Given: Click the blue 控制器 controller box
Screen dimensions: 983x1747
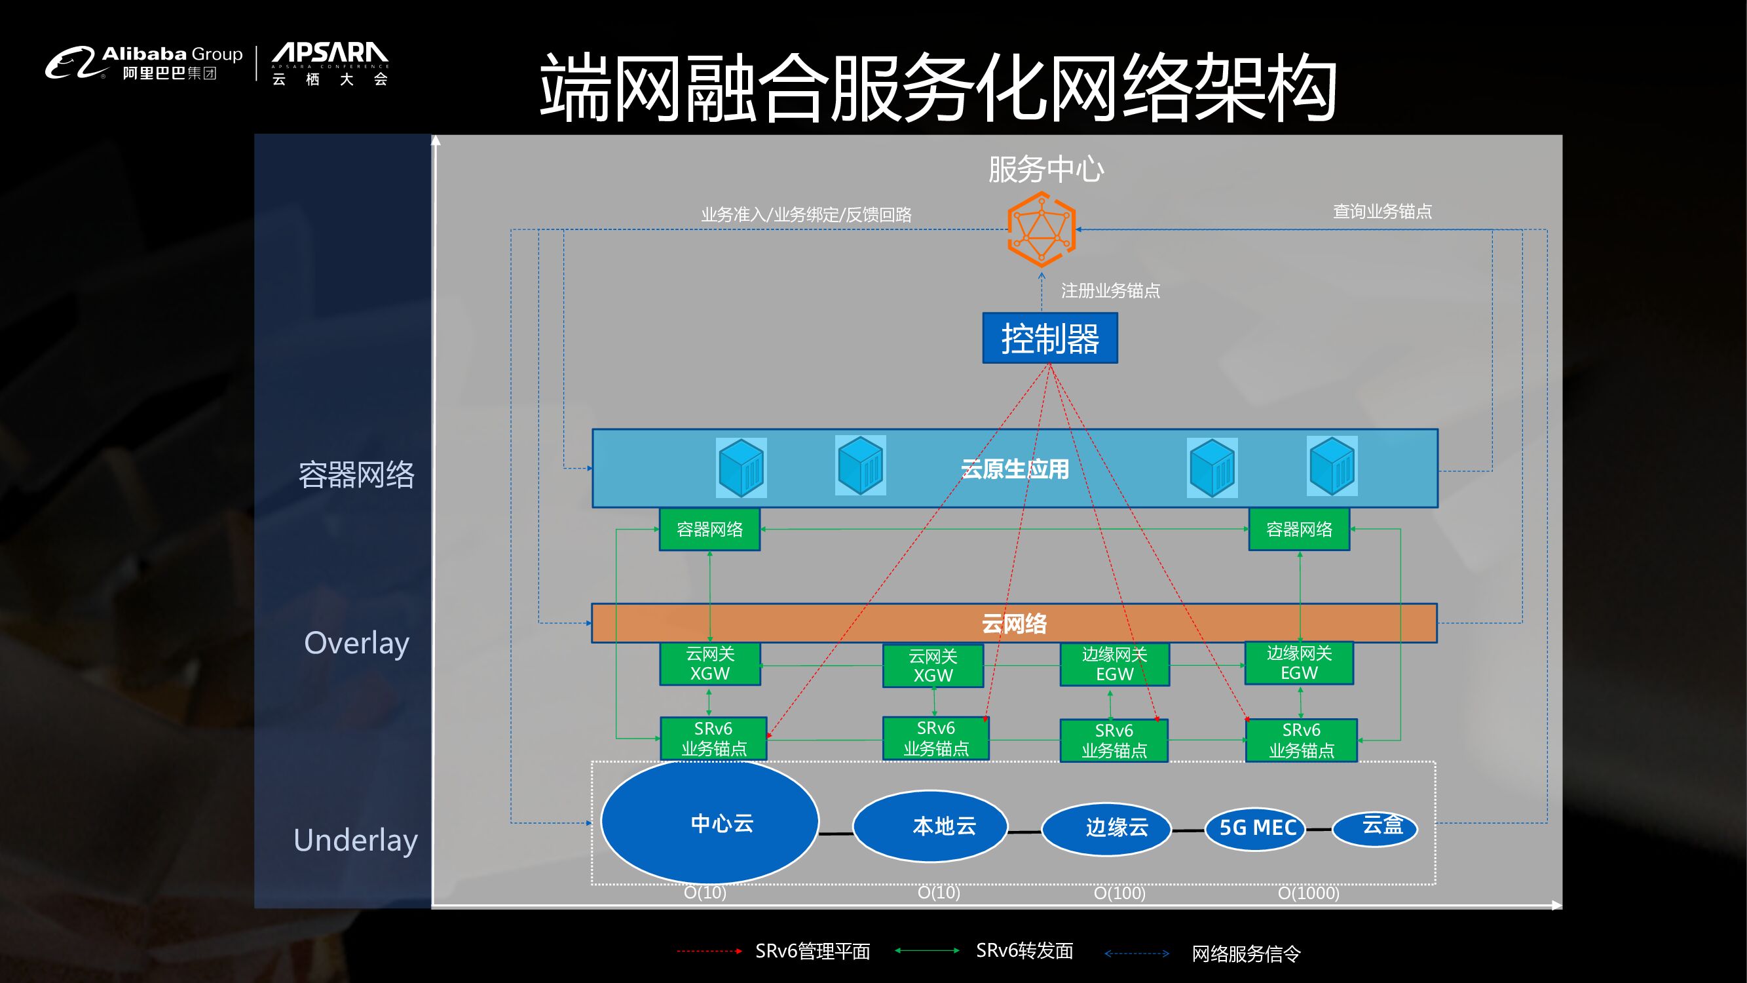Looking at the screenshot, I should click(1049, 338).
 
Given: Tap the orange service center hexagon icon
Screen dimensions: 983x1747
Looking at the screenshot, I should click(1041, 229).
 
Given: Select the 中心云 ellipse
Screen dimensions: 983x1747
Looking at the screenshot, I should click(709, 822).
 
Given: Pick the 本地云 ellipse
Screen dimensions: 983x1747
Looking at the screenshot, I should click(930, 826).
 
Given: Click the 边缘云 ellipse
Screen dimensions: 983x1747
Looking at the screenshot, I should click(1106, 828).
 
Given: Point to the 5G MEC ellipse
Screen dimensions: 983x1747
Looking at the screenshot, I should click(1255, 828).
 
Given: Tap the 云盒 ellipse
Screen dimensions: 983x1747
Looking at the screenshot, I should click(1375, 827).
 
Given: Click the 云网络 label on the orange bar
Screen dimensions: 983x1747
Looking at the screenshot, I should click(1014, 623).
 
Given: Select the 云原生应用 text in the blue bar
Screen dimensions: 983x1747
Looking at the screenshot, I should click(1015, 469).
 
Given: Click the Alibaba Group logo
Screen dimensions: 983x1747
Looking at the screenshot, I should click(143, 62).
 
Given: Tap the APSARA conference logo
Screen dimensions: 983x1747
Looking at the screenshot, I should click(329, 64).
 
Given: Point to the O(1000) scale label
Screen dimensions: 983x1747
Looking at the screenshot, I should click(1307, 893).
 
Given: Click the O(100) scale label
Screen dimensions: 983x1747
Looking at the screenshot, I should click(1119, 893).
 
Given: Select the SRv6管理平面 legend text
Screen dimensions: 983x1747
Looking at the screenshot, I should click(812, 951).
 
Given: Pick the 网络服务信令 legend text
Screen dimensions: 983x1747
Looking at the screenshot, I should click(1246, 954).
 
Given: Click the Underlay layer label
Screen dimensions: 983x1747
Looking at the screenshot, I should click(356, 840).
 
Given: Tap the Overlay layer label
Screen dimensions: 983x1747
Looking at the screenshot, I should click(356, 643).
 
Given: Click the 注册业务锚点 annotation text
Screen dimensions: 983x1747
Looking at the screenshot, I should click(1110, 291).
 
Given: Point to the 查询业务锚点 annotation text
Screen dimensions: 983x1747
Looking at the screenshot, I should click(1382, 212).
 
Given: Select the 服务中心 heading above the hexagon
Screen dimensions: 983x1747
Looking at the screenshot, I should click(1045, 170).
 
